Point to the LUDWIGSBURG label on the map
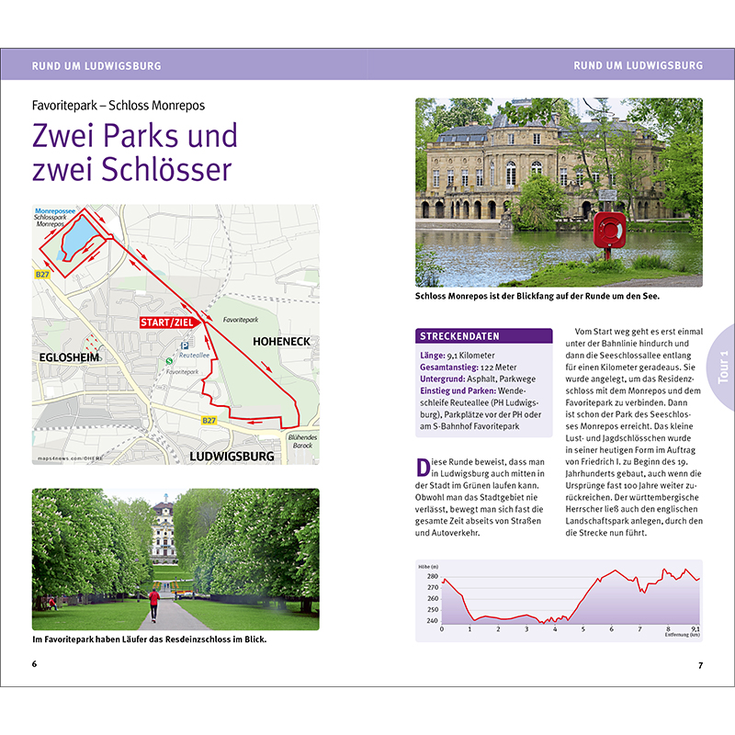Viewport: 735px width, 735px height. [232, 455]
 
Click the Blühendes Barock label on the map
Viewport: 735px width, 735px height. [302, 442]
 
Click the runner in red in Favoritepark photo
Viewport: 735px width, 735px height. [153, 602]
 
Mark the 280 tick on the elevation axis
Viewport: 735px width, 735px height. [433, 577]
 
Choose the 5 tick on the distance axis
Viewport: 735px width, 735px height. [583, 630]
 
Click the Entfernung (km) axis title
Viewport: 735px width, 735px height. [680, 635]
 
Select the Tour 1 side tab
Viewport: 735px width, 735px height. [723, 367]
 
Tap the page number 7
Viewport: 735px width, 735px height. [700, 664]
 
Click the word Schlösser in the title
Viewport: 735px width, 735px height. [165, 170]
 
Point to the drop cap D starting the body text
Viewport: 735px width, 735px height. [422, 467]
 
